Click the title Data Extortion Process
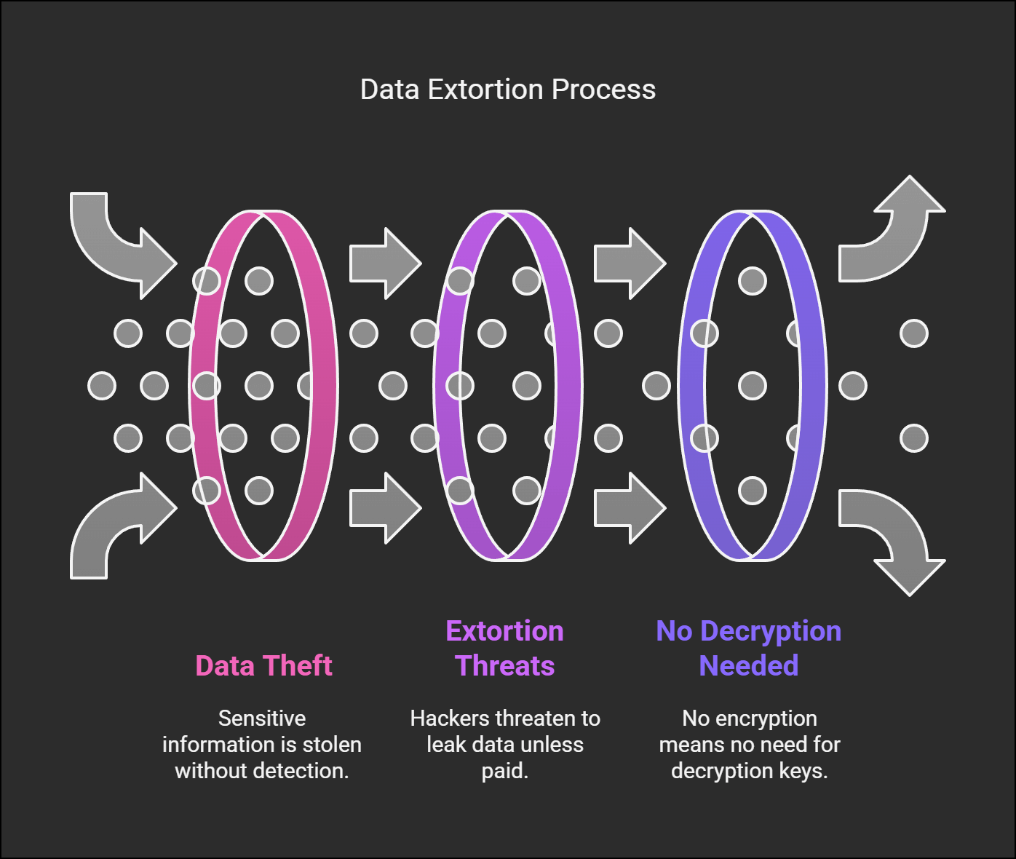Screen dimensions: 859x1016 click(508, 90)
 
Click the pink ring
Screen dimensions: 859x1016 click(325, 386)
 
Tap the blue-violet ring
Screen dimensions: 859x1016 click(814, 386)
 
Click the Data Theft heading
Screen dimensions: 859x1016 click(263, 665)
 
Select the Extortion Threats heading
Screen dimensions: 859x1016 click(505, 648)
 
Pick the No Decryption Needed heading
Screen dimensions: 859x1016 click(749, 648)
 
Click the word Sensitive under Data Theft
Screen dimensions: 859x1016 click(262, 719)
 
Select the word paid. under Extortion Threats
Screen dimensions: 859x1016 click(505, 771)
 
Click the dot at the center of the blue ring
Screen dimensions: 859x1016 click(753, 386)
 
